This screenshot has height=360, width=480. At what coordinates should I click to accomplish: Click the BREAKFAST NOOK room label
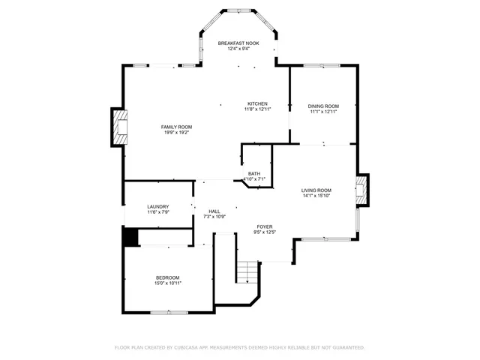pyautogui.click(x=238, y=43)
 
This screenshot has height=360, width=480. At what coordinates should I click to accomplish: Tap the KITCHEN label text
pyautogui.click(x=257, y=103)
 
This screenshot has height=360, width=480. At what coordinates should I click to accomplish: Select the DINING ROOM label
pyautogui.click(x=323, y=106)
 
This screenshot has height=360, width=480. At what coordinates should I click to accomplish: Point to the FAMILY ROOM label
pyautogui.click(x=176, y=127)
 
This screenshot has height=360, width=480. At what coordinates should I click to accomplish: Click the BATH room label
pyautogui.click(x=255, y=173)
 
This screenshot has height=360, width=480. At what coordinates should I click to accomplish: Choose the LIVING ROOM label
pyautogui.click(x=316, y=190)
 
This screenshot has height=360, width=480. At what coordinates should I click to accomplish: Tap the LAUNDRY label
pyautogui.click(x=157, y=206)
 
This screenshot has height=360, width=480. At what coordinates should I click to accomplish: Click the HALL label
pyautogui.click(x=214, y=211)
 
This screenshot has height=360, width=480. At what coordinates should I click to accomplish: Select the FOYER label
pyautogui.click(x=265, y=226)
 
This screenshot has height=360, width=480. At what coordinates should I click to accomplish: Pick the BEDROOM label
pyautogui.click(x=167, y=277)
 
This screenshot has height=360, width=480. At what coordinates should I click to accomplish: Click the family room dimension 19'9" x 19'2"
pyautogui.click(x=176, y=133)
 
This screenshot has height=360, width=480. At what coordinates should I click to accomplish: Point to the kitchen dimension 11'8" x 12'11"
pyautogui.click(x=257, y=109)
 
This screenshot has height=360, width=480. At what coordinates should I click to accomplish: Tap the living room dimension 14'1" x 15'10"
pyautogui.click(x=316, y=196)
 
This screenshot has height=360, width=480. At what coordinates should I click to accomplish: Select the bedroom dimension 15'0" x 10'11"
pyautogui.click(x=167, y=283)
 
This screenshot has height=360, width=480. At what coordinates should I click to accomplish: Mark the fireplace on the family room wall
pyautogui.click(x=118, y=127)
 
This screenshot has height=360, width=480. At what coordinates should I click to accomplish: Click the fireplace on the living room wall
pyautogui.click(x=363, y=190)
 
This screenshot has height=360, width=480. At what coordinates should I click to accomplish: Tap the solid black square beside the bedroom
pyautogui.click(x=130, y=236)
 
